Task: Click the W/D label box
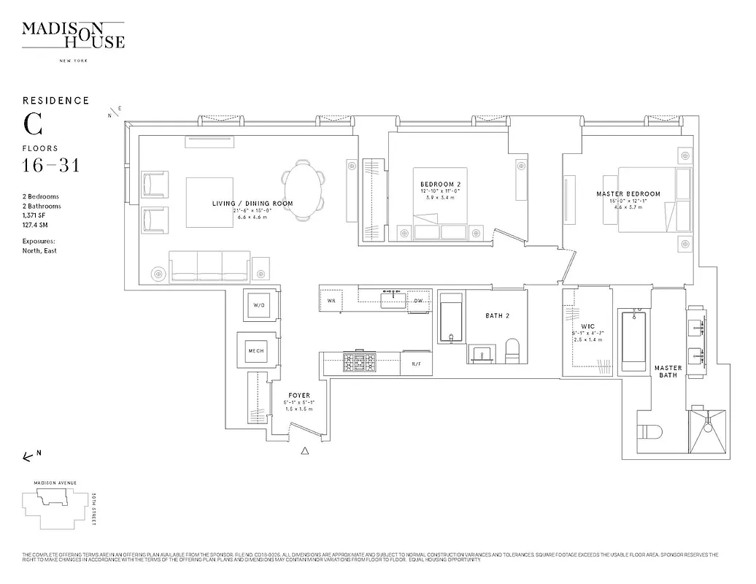tap(258, 305)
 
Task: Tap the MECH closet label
tap(256, 350)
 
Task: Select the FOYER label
tap(299, 395)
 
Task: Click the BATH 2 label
tap(497, 316)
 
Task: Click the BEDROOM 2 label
tap(441, 183)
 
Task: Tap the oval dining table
tap(303, 189)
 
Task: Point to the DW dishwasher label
tap(418, 301)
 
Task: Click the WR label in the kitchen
tap(331, 301)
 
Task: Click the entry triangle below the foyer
tap(305, 452)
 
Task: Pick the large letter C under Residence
tap(32, 124)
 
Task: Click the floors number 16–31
tap(51, 166)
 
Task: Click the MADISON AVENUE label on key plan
tap(50, 483)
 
